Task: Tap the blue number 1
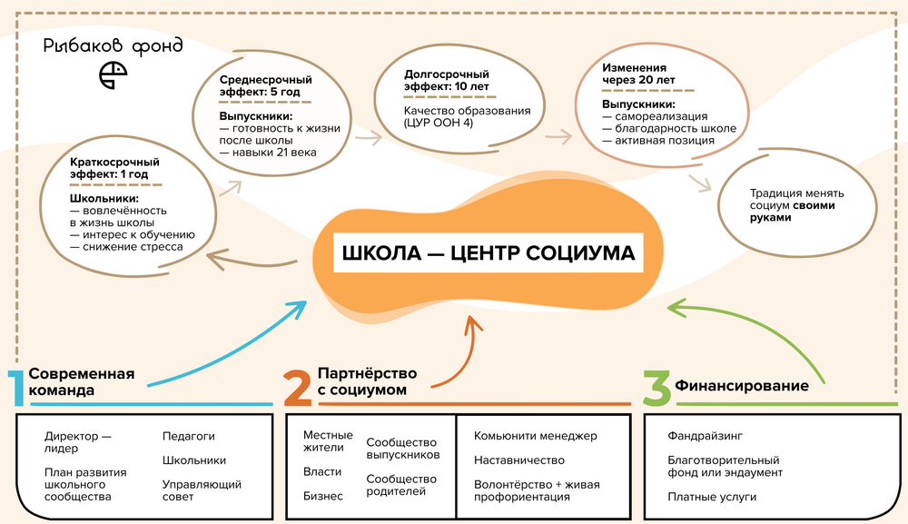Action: coord(15,387)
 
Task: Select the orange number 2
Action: coord(298,387)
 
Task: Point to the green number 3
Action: coord(656,387)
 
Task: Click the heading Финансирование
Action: coord(742,386)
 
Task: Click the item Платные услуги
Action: coord(712,497)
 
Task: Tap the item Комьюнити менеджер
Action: coord(536,436)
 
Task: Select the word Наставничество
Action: coord(519,460)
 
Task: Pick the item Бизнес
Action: coord(323,496)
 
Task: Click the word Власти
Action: coord(322,471)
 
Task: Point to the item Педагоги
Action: coord(189,436)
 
